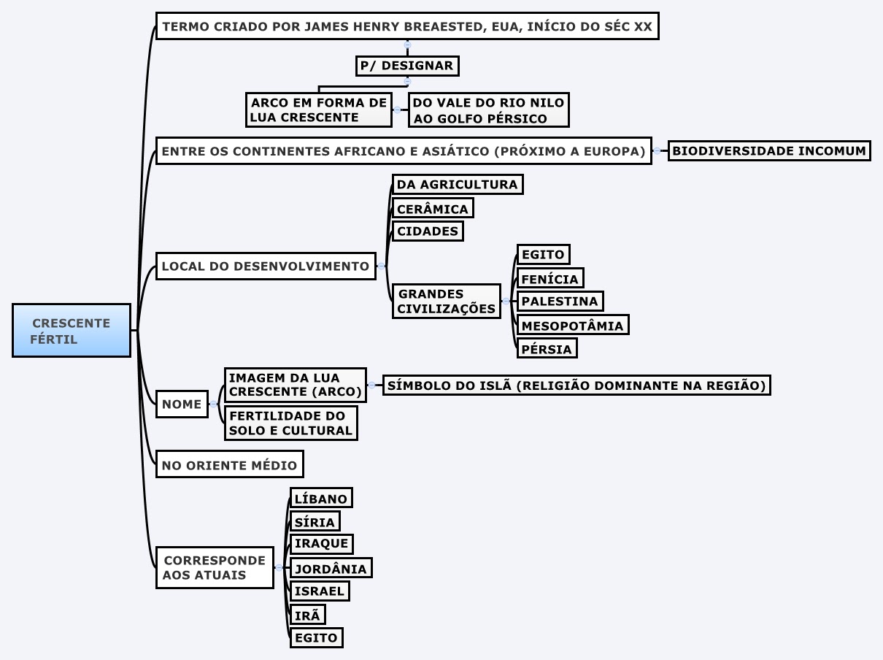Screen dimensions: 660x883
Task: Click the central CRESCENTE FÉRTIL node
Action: point(72,330)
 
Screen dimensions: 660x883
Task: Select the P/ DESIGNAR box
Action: point(407,66)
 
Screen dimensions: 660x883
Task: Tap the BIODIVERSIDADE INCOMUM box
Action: point(769,151)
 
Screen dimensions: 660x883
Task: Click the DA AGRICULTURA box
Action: point(458,185)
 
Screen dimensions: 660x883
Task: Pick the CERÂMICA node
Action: point(433,209)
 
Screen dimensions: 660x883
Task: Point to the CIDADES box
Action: point(428,231)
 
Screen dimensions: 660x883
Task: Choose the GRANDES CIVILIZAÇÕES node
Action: point(447,301)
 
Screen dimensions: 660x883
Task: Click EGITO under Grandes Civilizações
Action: point(543,255)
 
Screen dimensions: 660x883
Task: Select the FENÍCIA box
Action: point(550,279)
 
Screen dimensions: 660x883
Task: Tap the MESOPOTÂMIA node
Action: point(573,326)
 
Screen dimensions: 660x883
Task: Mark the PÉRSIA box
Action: point(547,349)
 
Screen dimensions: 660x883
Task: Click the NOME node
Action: point(182,404)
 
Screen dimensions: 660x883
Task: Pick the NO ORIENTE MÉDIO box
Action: point(229,464)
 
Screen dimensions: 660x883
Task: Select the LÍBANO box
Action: point(321,499)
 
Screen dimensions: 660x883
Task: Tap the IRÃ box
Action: point(307,615)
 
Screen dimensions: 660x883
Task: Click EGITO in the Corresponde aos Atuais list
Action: point(316,637)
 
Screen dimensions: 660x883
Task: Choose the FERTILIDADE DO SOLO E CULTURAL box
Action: point(290,423)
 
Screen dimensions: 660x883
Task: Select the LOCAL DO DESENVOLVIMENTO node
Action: point(266,266)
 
